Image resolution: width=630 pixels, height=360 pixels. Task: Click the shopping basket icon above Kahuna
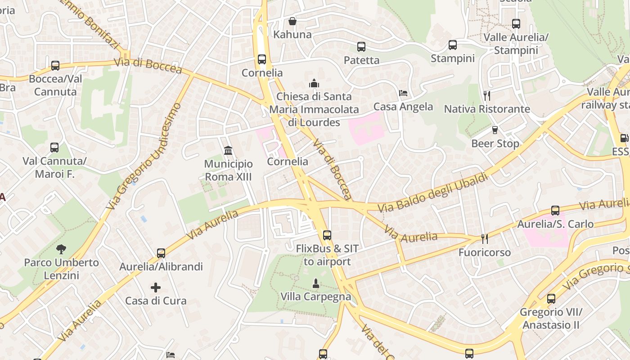coord(292,21)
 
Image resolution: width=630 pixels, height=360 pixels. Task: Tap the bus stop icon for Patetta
coord(361,47)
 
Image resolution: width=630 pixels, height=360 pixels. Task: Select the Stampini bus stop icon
coord(453,45)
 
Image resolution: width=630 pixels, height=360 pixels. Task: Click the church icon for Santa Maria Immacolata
coord(314,83)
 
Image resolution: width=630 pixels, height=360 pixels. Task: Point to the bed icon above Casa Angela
coord(403,93)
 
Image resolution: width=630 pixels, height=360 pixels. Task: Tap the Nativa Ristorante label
coord(487,109)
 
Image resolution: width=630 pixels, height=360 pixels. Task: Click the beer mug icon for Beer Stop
coord(495,130)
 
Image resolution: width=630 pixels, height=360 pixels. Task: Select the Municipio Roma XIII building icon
coord(228,150)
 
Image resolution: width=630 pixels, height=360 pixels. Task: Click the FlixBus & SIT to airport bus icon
coord(327,235)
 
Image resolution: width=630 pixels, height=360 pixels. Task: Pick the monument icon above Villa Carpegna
coord(316,283)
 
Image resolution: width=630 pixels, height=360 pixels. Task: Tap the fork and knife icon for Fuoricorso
coord(484,238)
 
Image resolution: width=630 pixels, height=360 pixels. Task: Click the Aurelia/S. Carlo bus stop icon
coord(555,211)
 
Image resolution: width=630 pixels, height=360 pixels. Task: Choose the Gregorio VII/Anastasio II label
coord(551,318)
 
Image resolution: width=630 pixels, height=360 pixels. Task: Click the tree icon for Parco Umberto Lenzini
coord(61,249)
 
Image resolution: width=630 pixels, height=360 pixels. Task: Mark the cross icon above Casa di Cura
coord(156,287)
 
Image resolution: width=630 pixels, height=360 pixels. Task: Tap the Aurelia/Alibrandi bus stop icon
coord(161,253)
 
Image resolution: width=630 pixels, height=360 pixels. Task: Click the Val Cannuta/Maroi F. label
coord(54,167)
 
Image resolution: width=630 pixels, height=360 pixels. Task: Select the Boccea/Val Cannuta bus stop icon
coord(55,66)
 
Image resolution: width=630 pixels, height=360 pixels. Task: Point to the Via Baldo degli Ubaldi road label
coord(433,192)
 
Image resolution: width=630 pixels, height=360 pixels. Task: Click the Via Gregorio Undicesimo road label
coord(145,156)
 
